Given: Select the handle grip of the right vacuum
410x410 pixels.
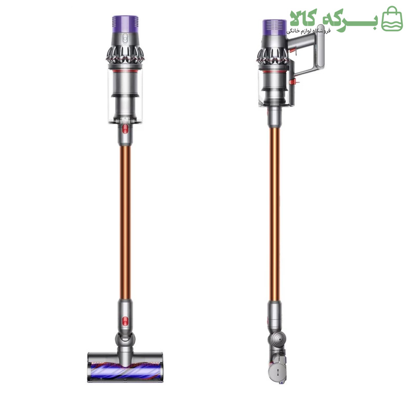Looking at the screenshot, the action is (x=321, y=48).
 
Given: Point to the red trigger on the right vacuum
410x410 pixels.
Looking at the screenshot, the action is (x=294, y=49).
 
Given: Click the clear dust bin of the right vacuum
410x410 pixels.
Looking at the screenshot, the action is (x=275, y=88).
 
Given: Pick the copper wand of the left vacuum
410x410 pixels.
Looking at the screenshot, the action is (x=125, y=222).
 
